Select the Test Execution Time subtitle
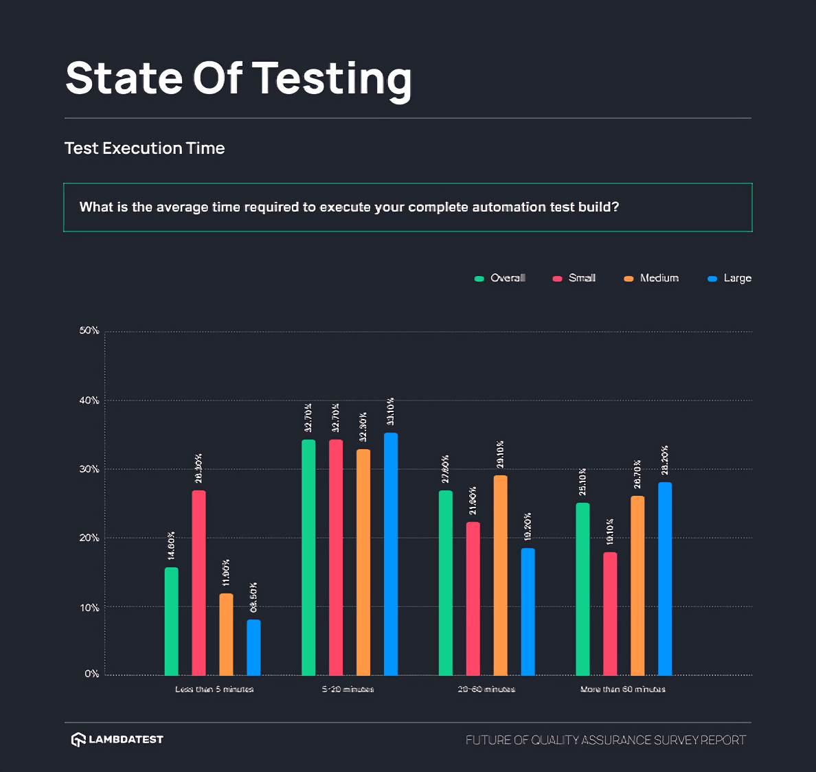(145, 148)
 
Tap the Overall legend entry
(501, 278)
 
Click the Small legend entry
(575, 278)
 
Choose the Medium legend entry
(652, 278)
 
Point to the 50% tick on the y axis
(89, 331)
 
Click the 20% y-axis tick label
(89, 538)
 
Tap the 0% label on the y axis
(92, 674)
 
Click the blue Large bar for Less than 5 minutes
(253, 647)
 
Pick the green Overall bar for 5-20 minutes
(308, 557)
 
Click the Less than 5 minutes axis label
(214, 689)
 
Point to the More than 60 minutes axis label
(622, 689)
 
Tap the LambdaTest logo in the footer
(117, 740)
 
